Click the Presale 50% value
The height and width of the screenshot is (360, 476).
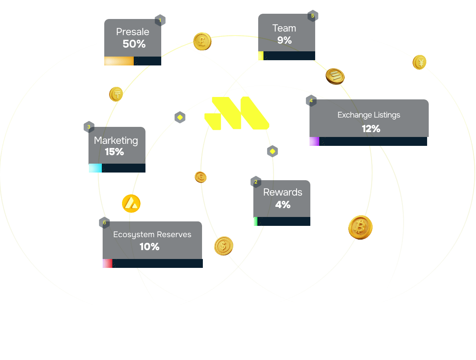click(134, 44)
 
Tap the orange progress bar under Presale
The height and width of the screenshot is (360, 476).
click(119, 61)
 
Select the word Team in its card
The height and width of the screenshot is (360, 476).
click(284, 28)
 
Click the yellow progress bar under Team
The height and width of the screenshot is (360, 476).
click(261, 56)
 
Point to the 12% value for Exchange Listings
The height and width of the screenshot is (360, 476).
click(371, 129)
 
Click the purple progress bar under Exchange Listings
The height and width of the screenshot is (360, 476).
click(314, 141)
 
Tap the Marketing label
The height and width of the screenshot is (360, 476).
click(116, 141)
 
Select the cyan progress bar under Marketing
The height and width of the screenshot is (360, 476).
click(95, 168)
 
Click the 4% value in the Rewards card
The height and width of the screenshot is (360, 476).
click(283, 205)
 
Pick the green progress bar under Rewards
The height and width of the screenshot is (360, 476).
click(255, 221)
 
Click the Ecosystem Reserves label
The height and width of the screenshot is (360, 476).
click(152, 235)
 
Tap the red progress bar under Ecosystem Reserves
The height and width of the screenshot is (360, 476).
click(107, 263)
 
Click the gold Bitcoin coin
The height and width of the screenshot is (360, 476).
click(360, 227)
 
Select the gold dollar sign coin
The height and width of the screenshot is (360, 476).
click(223, 246)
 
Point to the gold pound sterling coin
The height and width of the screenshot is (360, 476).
click(202, 41)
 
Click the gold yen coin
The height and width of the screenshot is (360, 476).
click(419, 63)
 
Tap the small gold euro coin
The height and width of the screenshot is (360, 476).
click(201, 177)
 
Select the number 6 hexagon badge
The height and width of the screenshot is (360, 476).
click(104, 223)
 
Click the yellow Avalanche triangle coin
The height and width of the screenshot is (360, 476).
click(131, 204)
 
